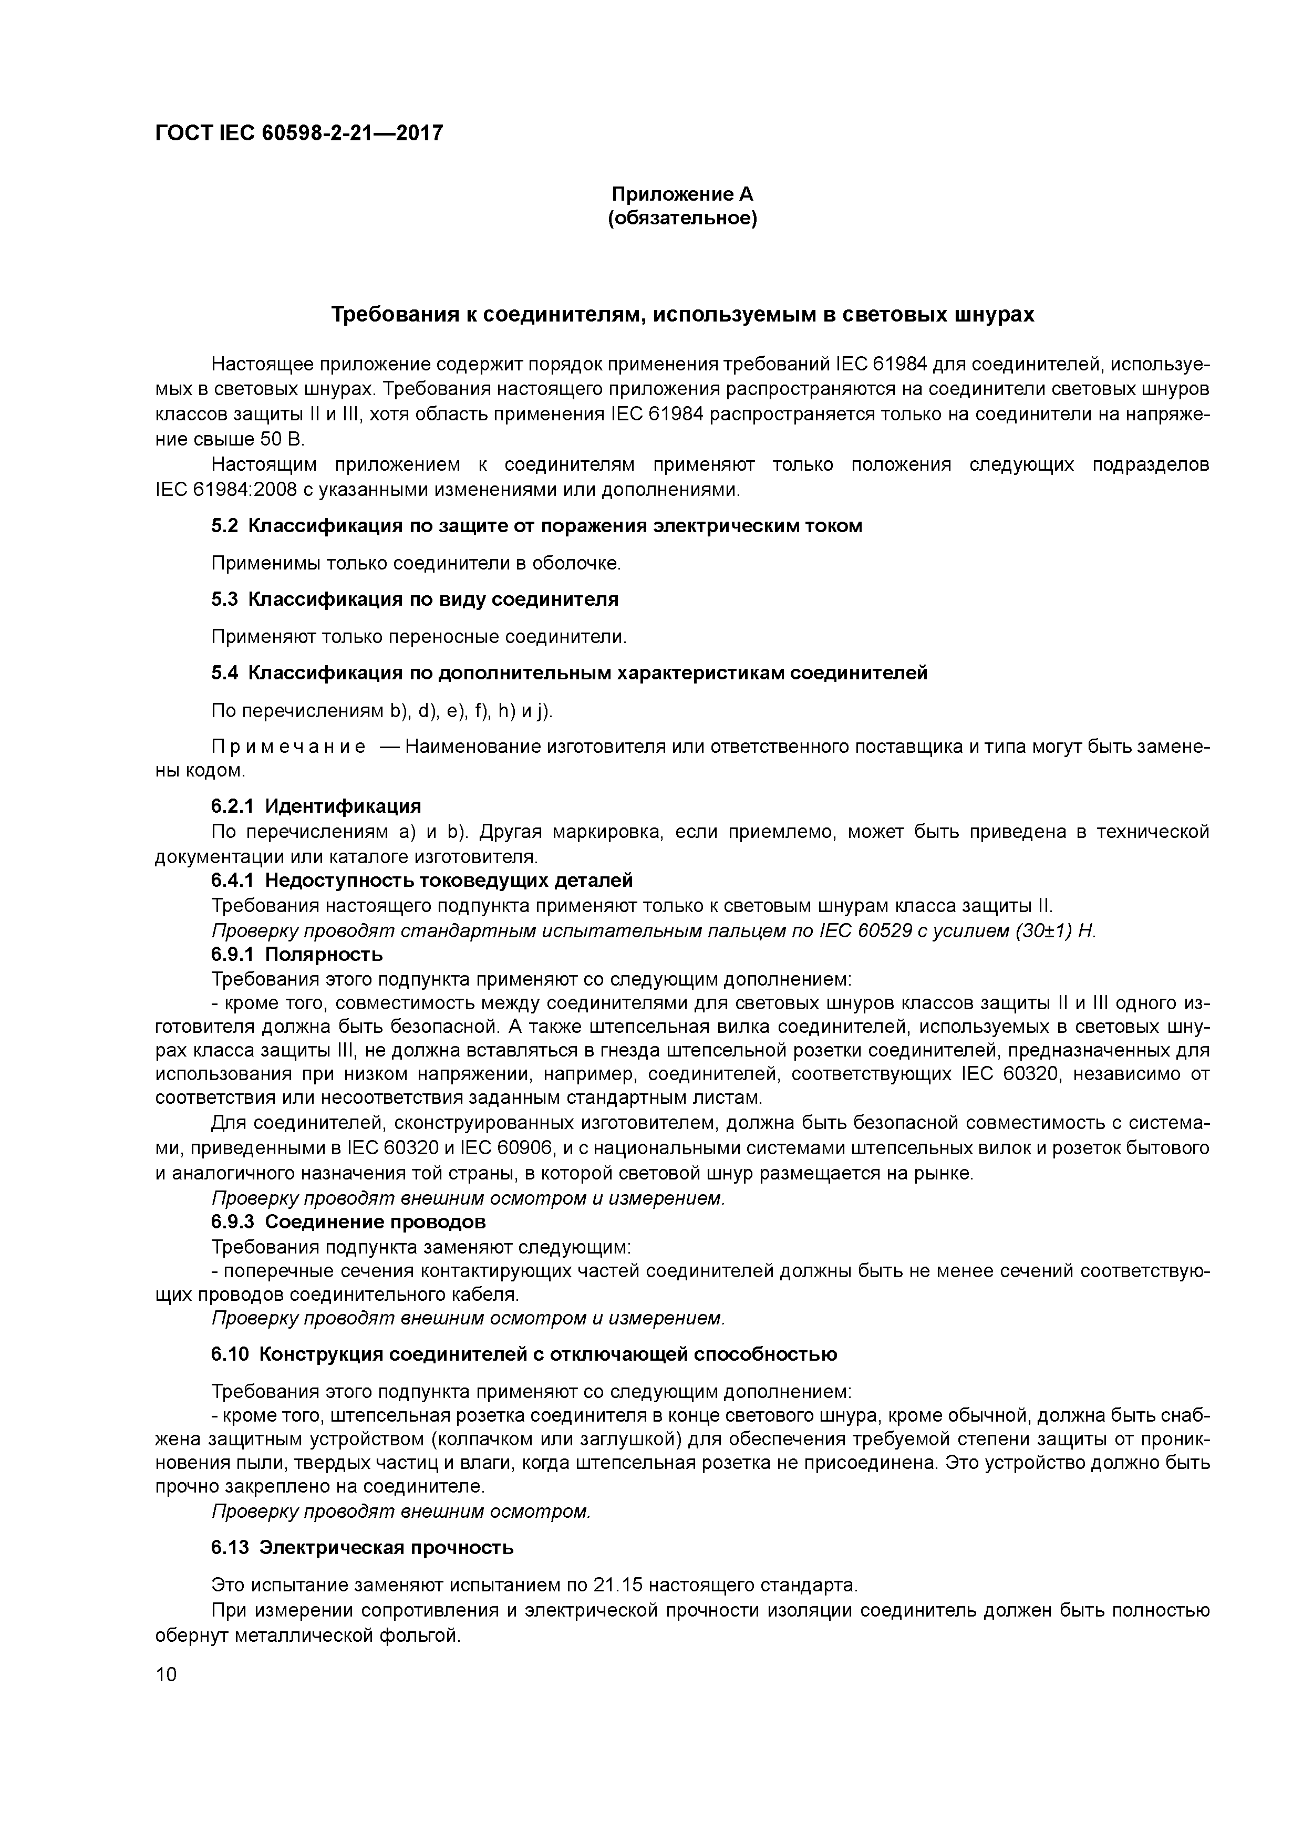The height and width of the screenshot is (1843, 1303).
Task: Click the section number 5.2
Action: tap(225, 526)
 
